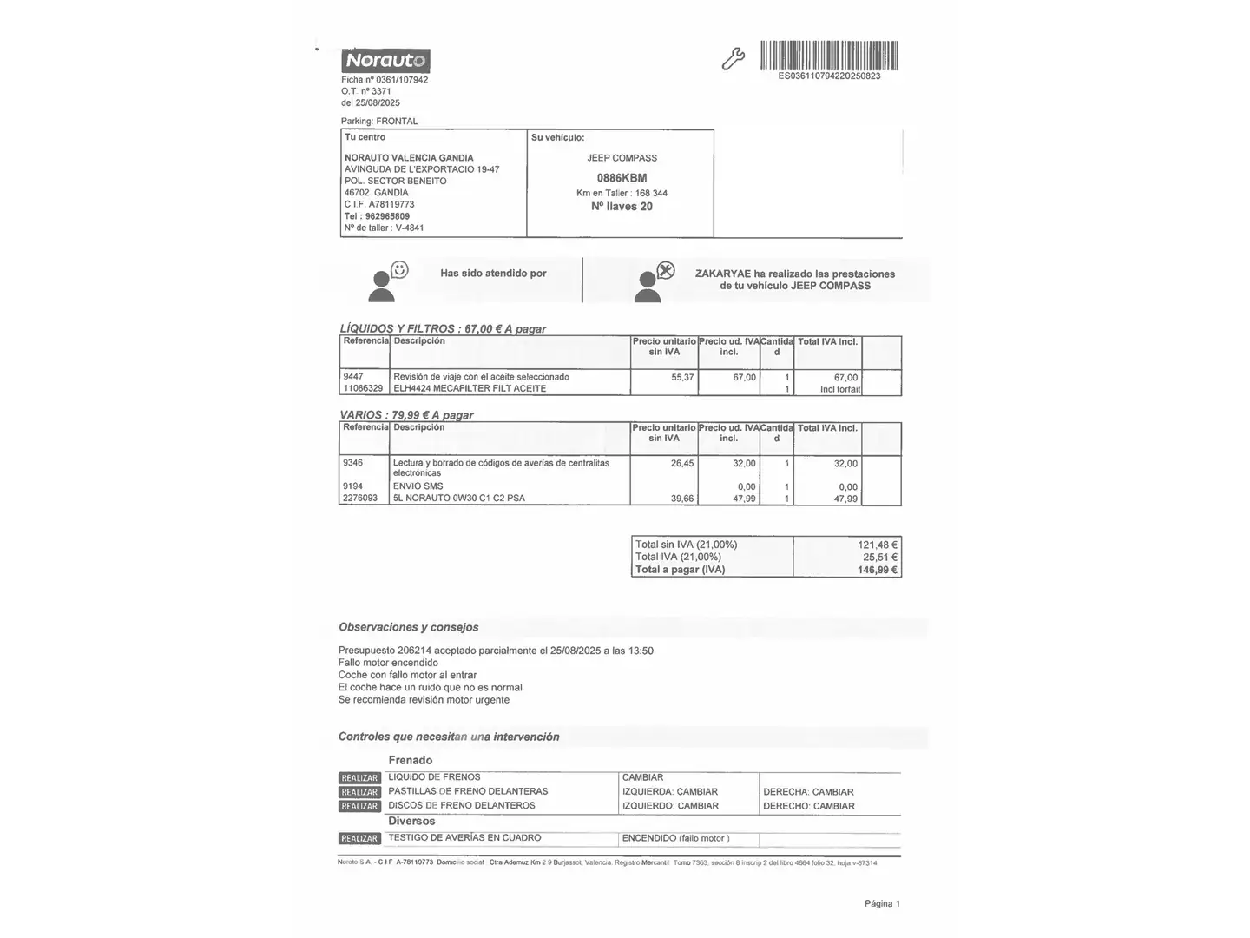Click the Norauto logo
[x=386, y=61]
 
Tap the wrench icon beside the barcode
[x=734, y=59]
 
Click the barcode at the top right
[x=829, y=56]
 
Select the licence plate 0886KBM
[x=622, y=177]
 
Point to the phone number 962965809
[x=387, y=216]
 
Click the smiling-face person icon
[x=387, y=281]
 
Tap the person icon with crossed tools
[x=654, y=281]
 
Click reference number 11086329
[x=363, y=388]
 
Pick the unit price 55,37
[x=682, y=377]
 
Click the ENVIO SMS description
[x=418, y=486]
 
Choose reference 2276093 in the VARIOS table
[x=360, y=498]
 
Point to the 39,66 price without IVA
[x=682, y=498]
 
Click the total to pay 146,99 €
[x=877, y=570]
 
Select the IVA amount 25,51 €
[x=879, y=557]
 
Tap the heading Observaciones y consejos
[x=408, y=627]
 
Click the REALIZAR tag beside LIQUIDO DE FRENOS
[x=359, y=778]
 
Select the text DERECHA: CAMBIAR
[x=808, y=792]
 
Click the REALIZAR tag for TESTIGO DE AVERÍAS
[x=359, y=838]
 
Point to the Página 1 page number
[x=882, y=903]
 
